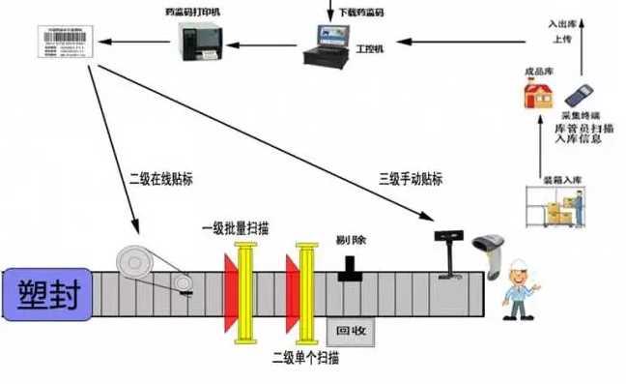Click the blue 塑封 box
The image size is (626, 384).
tap(45, 292)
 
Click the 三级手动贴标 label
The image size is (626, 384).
tap(411, 178)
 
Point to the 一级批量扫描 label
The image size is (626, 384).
tap(236, 228)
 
